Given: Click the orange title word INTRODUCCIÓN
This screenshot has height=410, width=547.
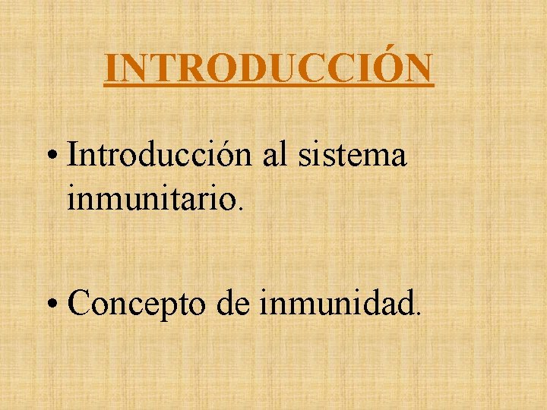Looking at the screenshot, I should point(269,69).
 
